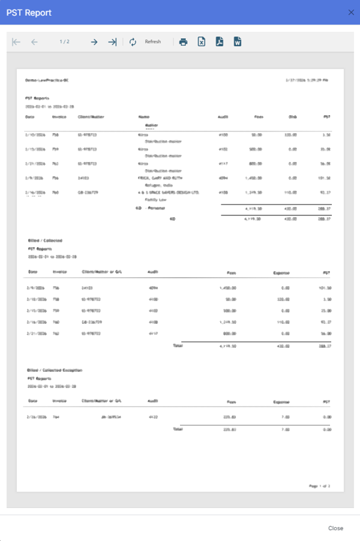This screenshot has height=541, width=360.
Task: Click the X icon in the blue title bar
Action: click(x=351, y=12)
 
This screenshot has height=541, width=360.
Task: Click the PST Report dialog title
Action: click(x=29, y=13)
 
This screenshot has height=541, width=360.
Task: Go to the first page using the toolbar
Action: click(x=16, y=42)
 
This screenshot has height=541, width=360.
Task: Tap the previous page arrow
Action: click(x=34, y=42)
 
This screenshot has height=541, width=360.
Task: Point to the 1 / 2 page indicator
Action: click(x=64, y=42)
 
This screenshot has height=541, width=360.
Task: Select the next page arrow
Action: click(x=94, y=42)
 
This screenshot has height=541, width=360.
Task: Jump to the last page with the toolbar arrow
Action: click(x=112, y=42)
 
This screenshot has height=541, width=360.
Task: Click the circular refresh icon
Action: click(x=133, y=42)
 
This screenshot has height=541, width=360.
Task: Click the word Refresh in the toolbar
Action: click(x=152, y=42)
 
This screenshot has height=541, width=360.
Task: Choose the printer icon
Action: click(x=184, y=42)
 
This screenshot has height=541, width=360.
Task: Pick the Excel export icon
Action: click(x=202, y=42)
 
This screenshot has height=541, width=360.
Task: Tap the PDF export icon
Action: click(x=220, y=42)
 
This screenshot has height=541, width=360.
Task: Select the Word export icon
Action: click(x=238, y=42)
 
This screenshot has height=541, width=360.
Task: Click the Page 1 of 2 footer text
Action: click(x=320, y=485)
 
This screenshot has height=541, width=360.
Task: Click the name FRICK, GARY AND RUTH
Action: click(x=160, y=178)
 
